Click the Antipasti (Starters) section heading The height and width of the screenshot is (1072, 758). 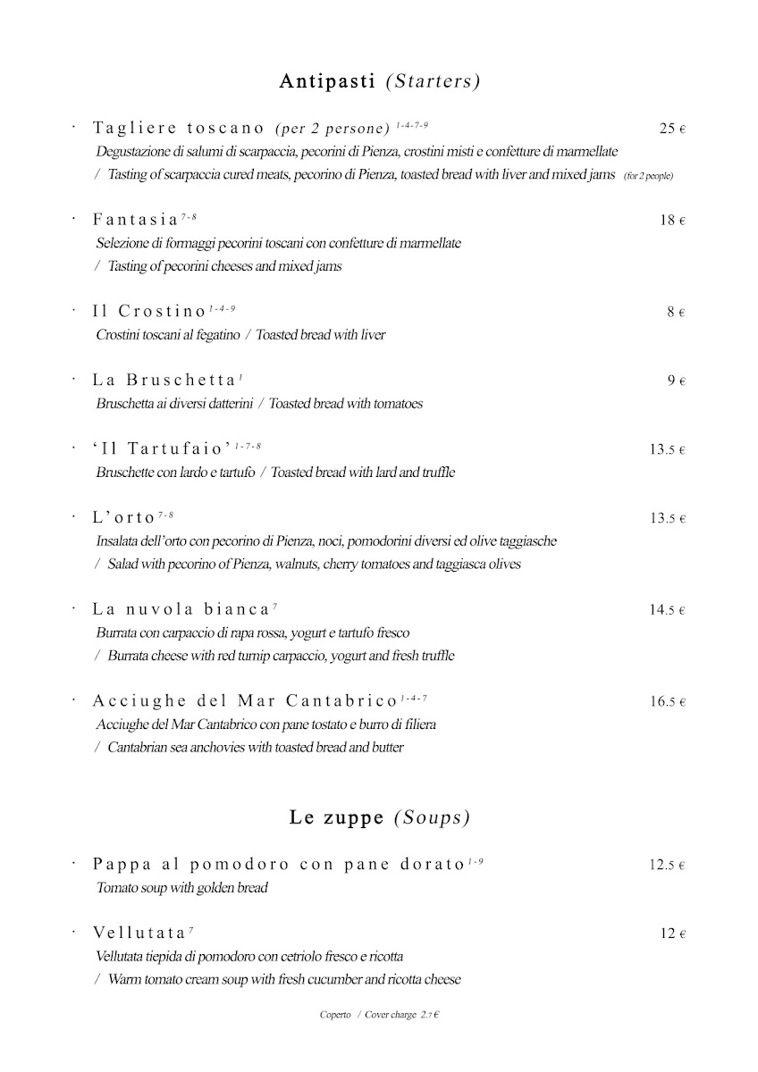click(380, 81)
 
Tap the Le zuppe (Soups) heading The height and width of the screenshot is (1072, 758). click(380, 817)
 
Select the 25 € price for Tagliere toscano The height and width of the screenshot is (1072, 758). click(672, 129)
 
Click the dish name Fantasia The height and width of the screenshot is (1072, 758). click(135, 220)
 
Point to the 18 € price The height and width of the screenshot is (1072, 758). click(672, 220)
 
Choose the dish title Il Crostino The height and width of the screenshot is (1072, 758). click(149, 312)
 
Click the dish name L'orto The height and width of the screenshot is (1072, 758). click(123, 517)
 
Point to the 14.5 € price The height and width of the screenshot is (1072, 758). click(667, 610)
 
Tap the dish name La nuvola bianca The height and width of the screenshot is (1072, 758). click(181, 609)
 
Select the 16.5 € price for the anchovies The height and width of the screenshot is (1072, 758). click(667, 701)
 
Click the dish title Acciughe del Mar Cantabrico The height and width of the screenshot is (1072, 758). click(244, 700)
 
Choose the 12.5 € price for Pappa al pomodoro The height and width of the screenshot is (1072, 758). click(667, 865)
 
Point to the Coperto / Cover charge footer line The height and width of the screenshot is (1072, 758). click(382, 1015)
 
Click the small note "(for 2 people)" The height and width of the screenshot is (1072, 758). click(648, 176)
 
